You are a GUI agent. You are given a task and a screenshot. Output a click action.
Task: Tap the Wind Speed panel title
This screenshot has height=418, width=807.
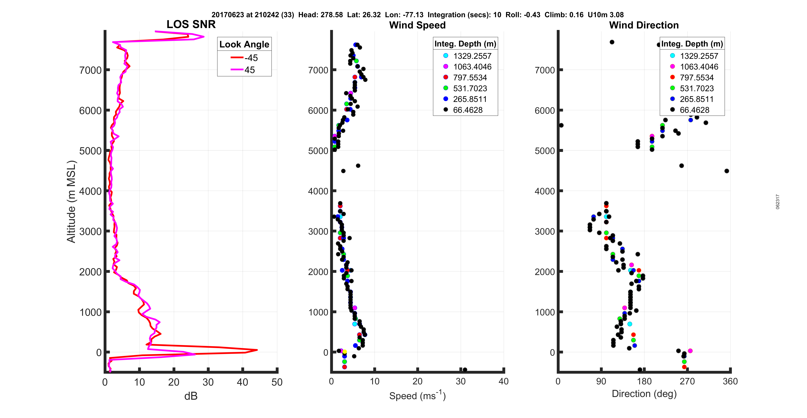417,25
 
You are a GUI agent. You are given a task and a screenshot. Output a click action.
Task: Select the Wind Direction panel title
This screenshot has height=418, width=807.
644,25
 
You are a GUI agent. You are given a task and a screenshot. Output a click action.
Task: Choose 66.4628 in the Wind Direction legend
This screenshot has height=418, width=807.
694,110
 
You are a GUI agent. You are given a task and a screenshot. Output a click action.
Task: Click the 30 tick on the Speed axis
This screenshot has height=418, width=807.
460,381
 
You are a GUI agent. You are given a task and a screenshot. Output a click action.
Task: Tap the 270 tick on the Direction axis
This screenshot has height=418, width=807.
687,381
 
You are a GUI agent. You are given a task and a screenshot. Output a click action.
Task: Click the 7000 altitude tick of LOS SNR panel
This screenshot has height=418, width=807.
90,70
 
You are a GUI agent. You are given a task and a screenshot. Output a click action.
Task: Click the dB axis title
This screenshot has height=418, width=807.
191,396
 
